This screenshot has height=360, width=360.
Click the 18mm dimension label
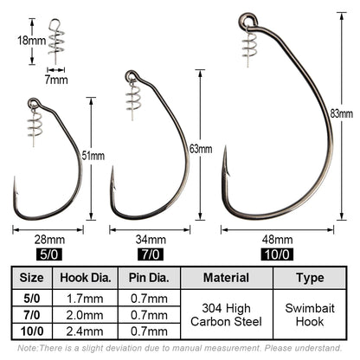pos(24,39)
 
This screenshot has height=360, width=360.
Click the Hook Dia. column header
pos(87,278)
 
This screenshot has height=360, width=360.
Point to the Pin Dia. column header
pos(149,278)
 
